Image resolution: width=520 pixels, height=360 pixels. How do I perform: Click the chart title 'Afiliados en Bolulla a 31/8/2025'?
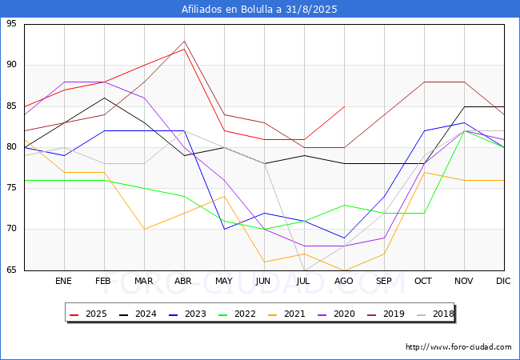coord(259,9)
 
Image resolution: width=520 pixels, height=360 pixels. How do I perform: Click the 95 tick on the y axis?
coord(11,24)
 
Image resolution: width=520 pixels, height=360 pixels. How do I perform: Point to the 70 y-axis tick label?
coord(11,229)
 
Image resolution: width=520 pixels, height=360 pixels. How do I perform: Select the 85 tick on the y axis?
coord(11,106)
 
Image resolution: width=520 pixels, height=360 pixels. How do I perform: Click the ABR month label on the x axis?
coord(184,281)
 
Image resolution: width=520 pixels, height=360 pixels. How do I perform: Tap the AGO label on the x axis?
coord(344,281)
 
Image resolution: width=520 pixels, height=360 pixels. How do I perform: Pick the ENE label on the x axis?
coord(64,281)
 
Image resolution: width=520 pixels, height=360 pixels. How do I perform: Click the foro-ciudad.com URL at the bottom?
coord(458,347)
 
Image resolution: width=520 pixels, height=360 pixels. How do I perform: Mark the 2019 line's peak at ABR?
coord(184,41)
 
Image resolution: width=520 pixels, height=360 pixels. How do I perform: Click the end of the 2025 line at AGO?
coord(344,106)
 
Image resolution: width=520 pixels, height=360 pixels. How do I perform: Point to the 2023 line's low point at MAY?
coord(224,229)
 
